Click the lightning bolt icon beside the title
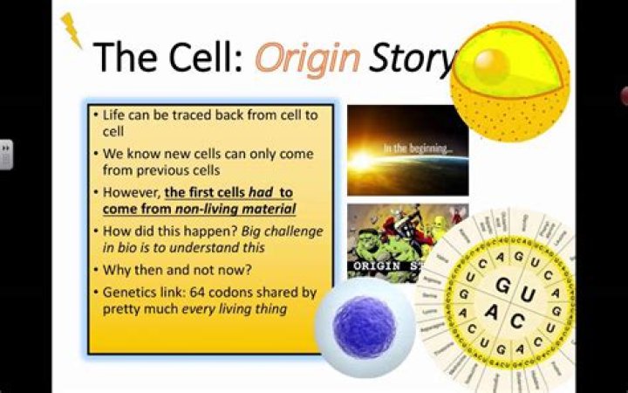pyautogui.click(x=72, y=30)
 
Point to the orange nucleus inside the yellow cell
pyautogui.click(x=491, y=62)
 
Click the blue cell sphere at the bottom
pyautogui.click(x=365, y=327)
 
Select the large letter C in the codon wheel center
pyautogui.click(x=518, y=321)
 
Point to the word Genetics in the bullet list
pyautogui.click(x=129, y=292)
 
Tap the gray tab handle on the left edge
pyautogui.click(x=6, y=155)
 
